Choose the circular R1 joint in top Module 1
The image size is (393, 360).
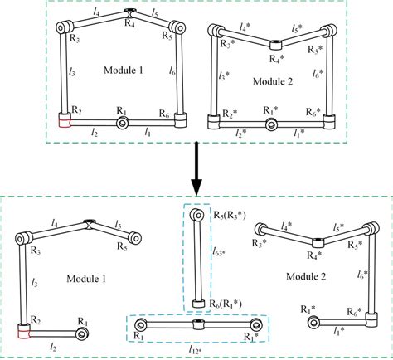pyautogui.click(x=122, y=124)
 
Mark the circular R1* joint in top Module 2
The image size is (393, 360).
pyautogui.click(x=269, y=124)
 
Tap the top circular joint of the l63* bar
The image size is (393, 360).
pyautogui.click(x=197, y=216)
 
